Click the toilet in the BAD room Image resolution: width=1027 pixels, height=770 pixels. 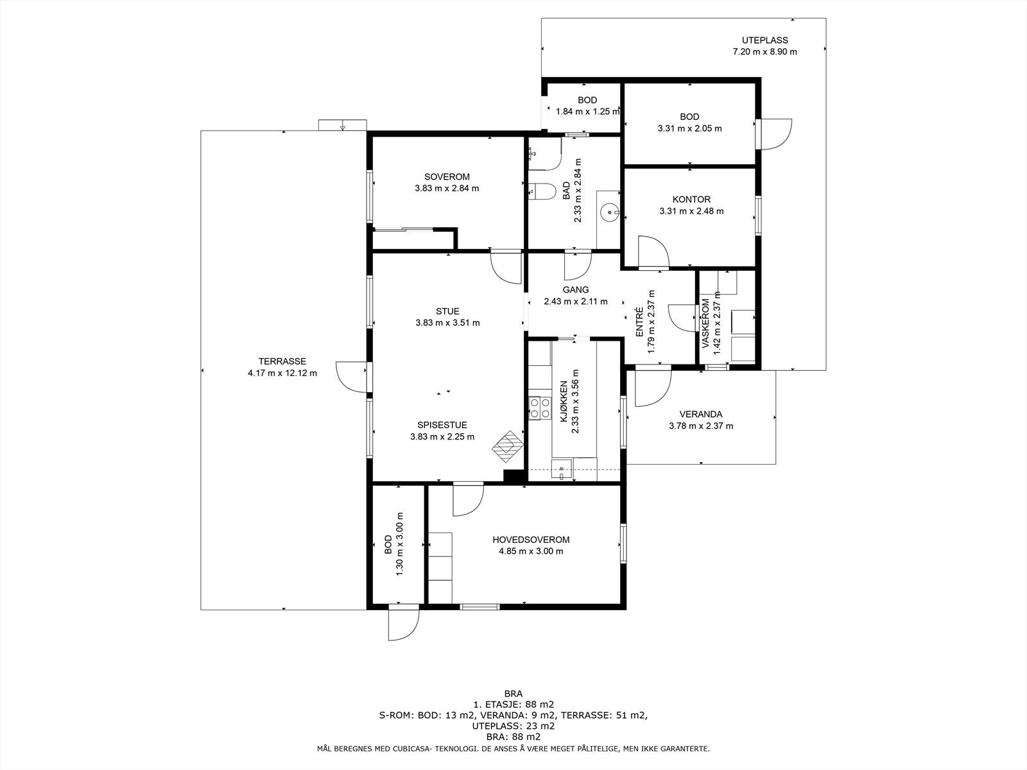[x=542, y=191]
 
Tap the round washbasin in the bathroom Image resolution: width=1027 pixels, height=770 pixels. [x=610, y=213]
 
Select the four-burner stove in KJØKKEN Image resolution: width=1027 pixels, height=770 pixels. [x=540, y=407]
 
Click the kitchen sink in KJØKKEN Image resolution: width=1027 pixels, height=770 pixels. [x=562, y=469]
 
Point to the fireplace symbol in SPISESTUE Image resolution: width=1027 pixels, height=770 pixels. [x=508, y=447]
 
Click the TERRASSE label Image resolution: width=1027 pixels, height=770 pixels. [x=282, y=361]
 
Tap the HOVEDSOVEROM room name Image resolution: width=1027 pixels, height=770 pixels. [x=531, y=540]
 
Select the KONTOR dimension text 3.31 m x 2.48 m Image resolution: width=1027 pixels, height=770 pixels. [x=691, y=211]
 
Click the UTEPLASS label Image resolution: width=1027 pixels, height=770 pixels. [x=765, y=40]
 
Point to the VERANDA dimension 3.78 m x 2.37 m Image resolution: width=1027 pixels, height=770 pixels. [x=701, y=426]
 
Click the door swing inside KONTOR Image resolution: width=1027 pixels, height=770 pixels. [x=653, y=252]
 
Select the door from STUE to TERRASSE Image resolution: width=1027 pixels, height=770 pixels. [x=351, y=377]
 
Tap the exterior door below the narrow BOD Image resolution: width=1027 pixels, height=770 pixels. [x=404, y=622]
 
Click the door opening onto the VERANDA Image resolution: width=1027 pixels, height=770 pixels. [x=653, y=388]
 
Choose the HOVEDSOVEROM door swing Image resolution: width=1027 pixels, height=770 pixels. [x=468, y=501]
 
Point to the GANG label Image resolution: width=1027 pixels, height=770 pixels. [x=576, y=290]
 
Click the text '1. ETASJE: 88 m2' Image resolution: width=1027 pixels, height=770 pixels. [x=513, y=705]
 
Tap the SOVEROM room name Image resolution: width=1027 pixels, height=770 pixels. [x=447, y=176]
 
